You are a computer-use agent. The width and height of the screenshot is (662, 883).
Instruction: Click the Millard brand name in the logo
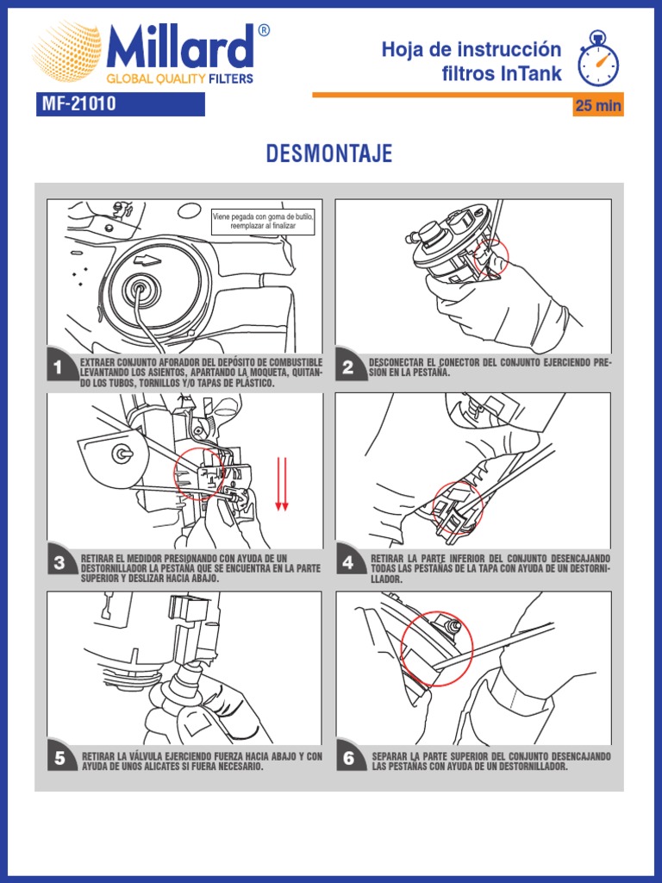(x=180, y=47)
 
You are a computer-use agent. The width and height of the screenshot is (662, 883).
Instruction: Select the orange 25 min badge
(x=598, y=105)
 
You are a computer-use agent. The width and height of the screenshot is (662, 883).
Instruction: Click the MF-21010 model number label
(x=121, y=104)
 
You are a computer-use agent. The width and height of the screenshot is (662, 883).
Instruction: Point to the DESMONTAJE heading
(x=329, y=153)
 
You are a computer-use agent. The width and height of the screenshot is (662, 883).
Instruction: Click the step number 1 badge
(x=59, y=368)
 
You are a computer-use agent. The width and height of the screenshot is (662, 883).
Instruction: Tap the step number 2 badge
(x=348, y=367)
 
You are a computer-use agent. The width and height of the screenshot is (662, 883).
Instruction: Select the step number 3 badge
(x=59, y=562)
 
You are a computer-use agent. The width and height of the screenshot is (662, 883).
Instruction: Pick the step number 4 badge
(x=348, y=562)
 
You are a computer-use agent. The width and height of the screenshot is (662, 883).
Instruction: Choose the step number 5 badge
(x=59, y=758)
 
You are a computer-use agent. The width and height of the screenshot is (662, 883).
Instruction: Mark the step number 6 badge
(x=349, y=758)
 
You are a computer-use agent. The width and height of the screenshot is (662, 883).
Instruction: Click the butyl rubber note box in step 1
(x=263, y=222)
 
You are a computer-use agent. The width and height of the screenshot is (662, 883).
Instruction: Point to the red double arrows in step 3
(x=282, y=485)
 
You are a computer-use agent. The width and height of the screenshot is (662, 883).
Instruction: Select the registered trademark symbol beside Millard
(x=264, y=30)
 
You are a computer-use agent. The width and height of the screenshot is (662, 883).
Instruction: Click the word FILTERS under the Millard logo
(x=231, y=78)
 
